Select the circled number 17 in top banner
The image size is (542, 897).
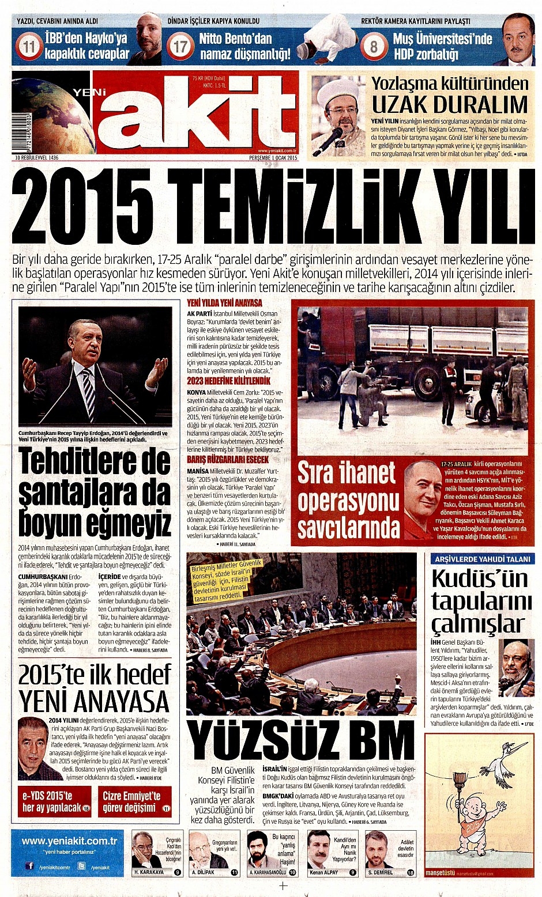[x=181, y=46]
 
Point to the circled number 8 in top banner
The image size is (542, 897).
[x=373, y=46]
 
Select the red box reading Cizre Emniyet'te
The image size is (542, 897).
[x=134, y=801]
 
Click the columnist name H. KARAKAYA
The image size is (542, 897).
[x=149, y=872]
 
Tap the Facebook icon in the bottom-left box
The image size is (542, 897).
[x=29, y=866]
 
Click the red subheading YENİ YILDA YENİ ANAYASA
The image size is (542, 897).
[x=224, y=302]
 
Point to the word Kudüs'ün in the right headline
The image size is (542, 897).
[x=480, y=578]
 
